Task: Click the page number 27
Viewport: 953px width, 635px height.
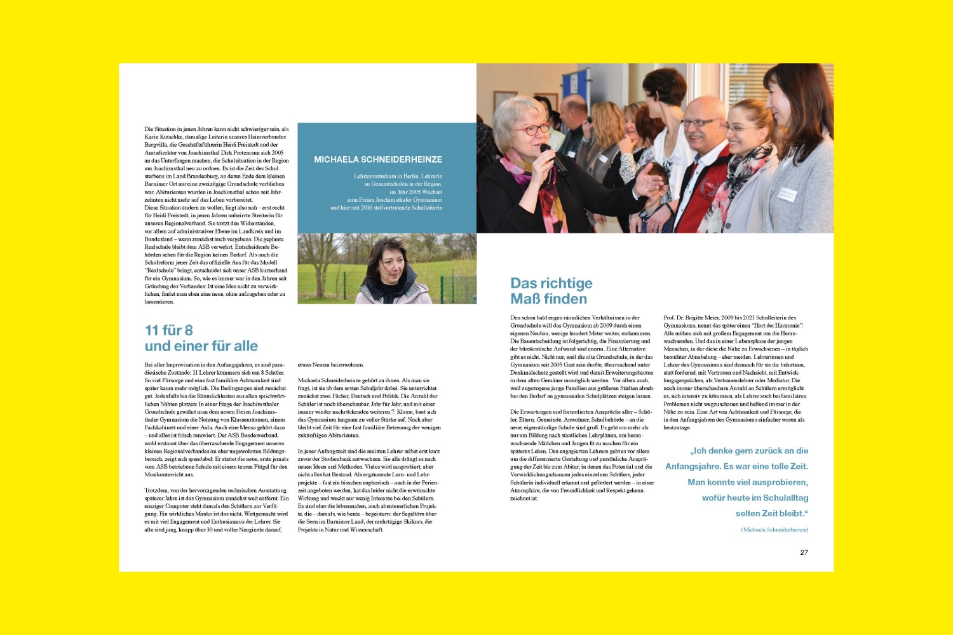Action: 804,552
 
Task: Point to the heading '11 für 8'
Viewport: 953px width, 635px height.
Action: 168,330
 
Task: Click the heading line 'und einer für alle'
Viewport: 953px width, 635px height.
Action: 201,346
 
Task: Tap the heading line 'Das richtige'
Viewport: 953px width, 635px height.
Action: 551,283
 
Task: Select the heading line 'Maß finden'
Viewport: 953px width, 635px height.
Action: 548,299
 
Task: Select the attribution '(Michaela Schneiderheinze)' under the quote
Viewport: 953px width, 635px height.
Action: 774,530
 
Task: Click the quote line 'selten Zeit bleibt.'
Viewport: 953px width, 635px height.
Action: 771,513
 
